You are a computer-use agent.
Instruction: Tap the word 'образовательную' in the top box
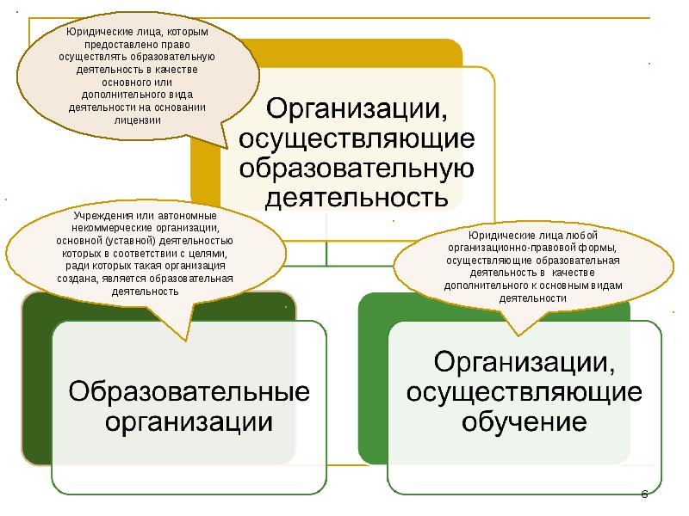(357, 168)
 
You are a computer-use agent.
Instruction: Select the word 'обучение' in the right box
(524, 423)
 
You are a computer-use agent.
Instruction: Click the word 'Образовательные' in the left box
(189, 391)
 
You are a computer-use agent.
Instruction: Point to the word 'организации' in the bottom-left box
(189, 422)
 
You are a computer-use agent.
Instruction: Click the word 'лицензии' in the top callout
(138, 120)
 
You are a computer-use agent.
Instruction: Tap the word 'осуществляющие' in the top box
(357, 138)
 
